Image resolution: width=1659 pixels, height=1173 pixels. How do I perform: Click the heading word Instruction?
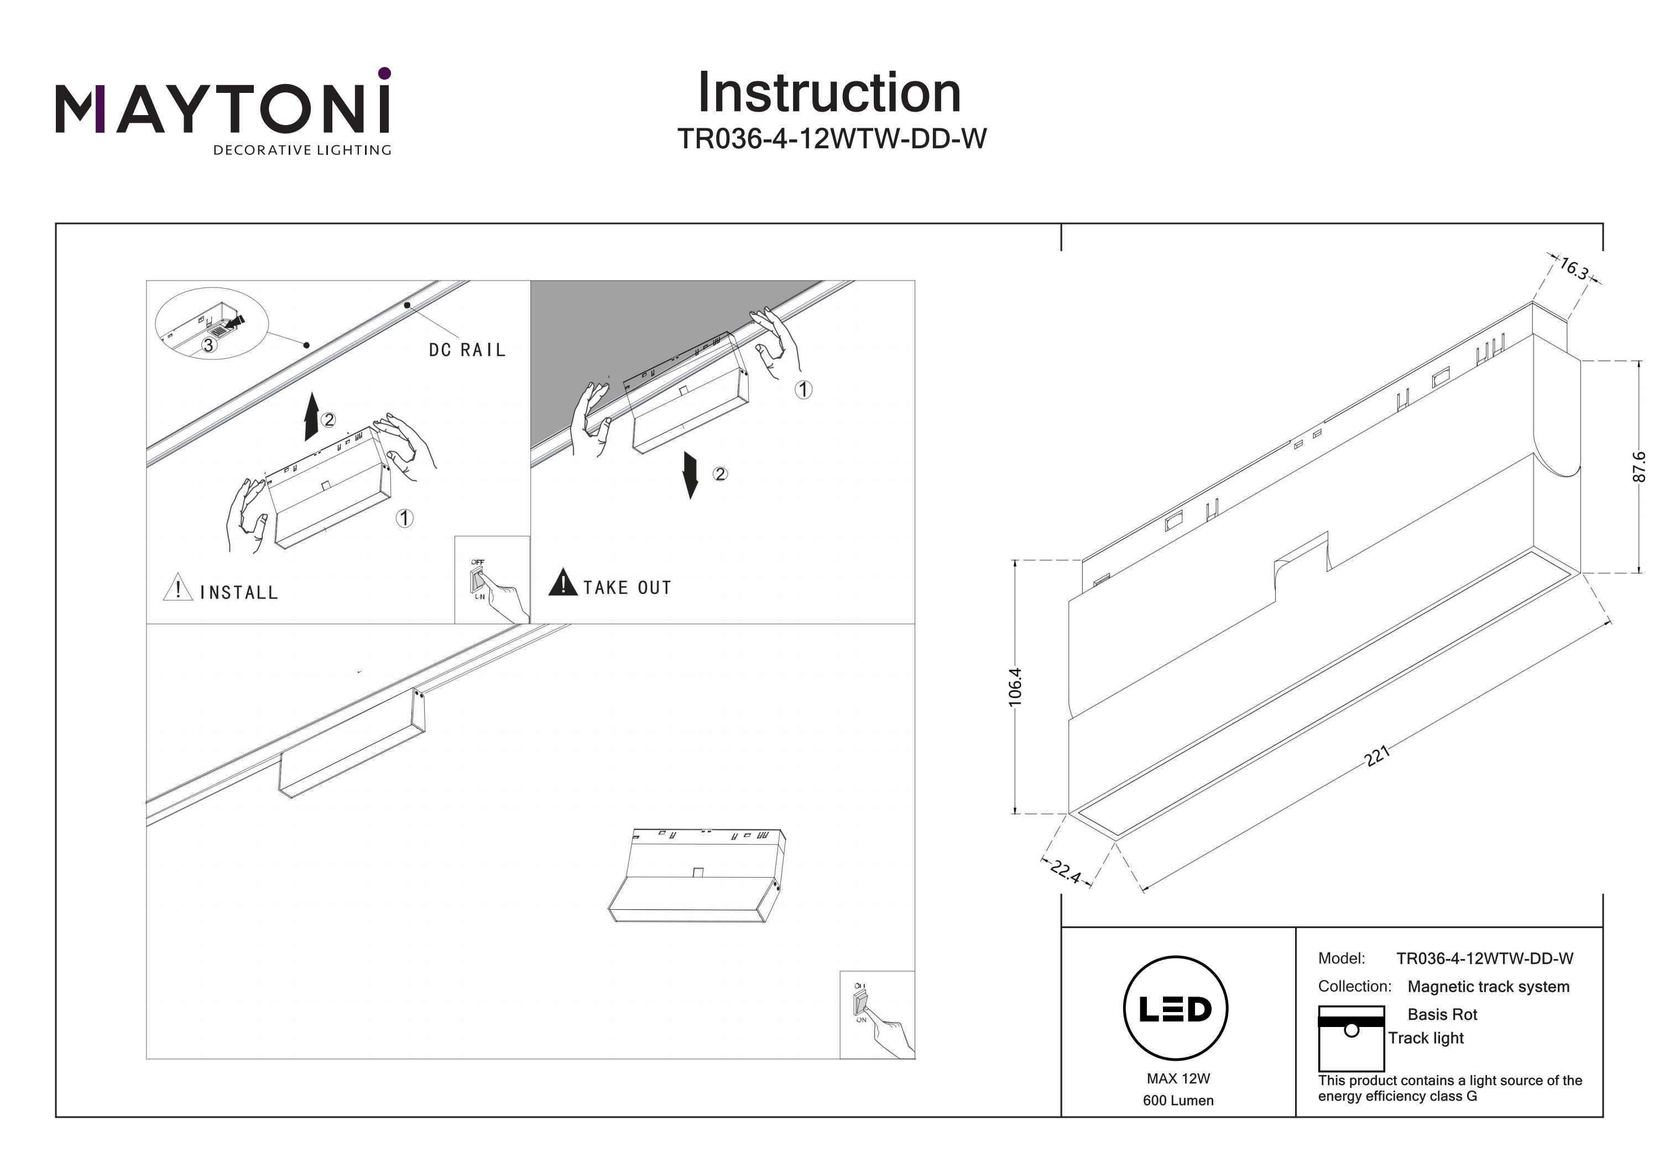(829, 93)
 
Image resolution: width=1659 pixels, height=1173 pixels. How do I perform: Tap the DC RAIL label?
(467, 351)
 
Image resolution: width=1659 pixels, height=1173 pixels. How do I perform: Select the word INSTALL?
(238, 593)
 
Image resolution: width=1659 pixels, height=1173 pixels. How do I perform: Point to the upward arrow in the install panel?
(311, 416)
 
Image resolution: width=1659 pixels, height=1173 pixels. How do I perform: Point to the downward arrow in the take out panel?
(691, 475)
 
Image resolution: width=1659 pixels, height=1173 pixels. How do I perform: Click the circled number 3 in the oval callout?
(208, 346)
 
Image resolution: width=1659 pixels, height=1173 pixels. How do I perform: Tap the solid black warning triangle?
(562, 582)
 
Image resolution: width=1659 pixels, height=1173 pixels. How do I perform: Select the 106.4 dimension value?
(1015, 686)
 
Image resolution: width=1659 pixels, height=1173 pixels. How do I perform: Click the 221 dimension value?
(1377, 756)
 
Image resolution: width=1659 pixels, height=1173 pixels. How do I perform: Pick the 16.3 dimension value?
(1573, 269)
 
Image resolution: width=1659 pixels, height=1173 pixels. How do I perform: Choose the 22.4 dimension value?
(1066, 871)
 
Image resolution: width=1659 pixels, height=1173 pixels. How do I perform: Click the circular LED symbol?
(1176, 1009)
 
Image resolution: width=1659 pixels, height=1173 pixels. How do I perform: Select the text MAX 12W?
(1178, 1079)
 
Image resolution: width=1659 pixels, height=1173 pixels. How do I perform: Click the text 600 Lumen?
(1178, 1101)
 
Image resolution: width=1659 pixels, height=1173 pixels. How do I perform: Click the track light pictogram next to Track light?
(1351, 1038)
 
